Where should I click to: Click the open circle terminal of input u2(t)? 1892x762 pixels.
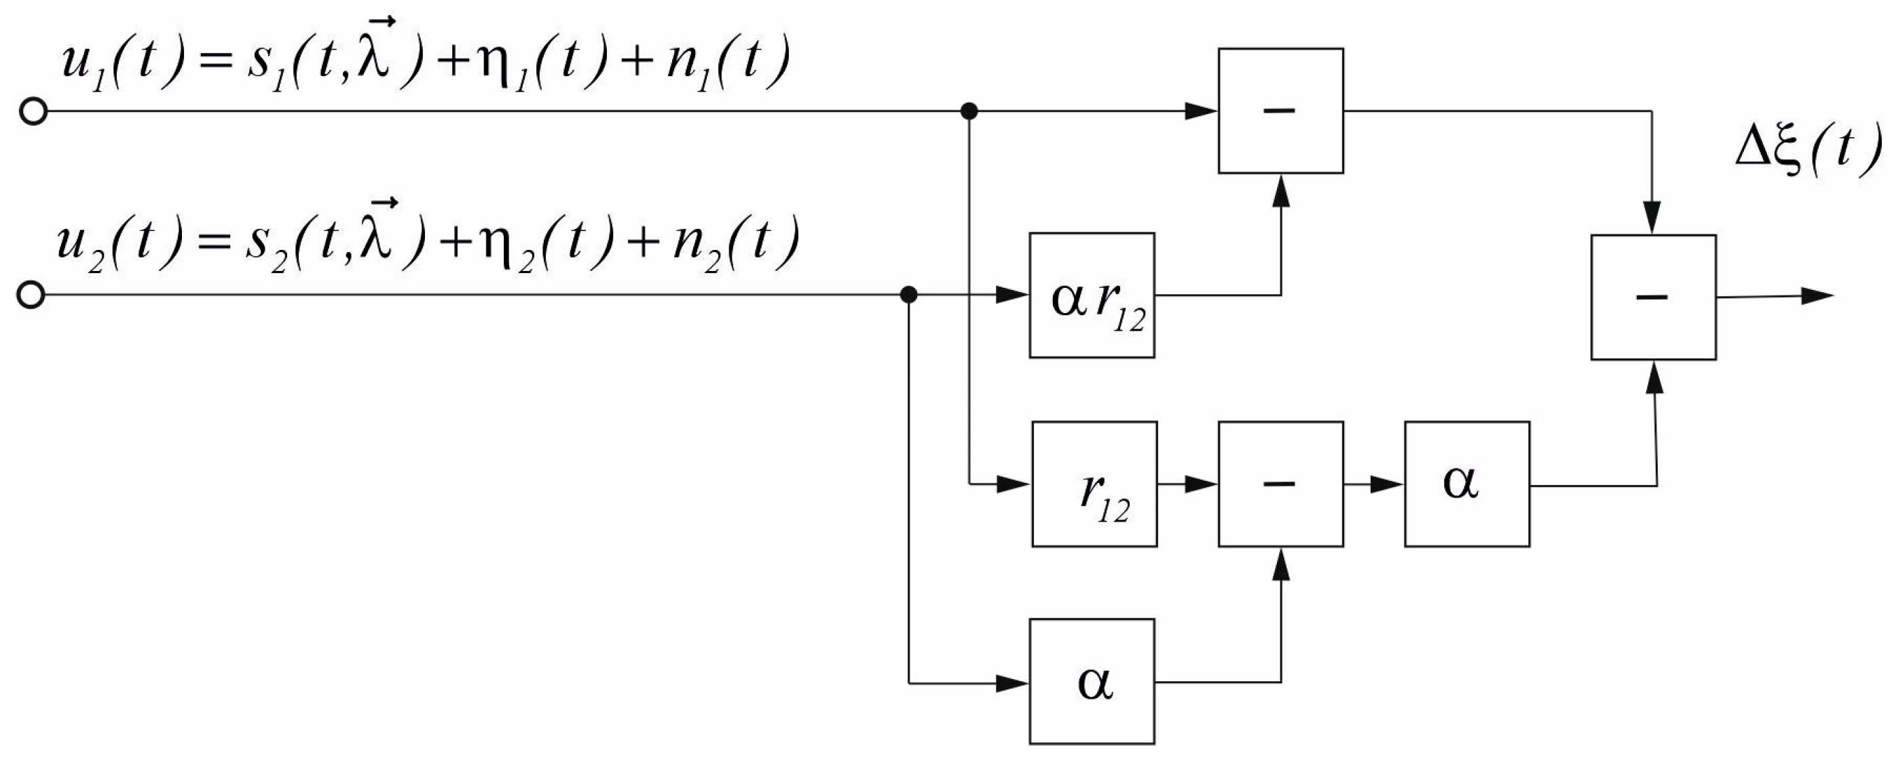point(31,295)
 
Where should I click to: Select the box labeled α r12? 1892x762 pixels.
point(1092,295)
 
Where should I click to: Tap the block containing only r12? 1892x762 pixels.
point(1094,484)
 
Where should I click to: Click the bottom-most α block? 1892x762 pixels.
point(1092,682)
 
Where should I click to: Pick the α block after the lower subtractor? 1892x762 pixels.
point(1467,484)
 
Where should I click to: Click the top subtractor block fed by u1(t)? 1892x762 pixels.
point(1280,111)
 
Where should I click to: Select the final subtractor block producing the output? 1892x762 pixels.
point(1653,297)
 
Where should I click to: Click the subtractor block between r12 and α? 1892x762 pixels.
point(1280,484)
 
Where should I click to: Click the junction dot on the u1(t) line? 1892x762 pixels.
point(969,111)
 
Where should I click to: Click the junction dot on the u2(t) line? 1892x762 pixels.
point(909,295)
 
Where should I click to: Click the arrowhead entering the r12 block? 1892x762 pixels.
point(1014,484)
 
